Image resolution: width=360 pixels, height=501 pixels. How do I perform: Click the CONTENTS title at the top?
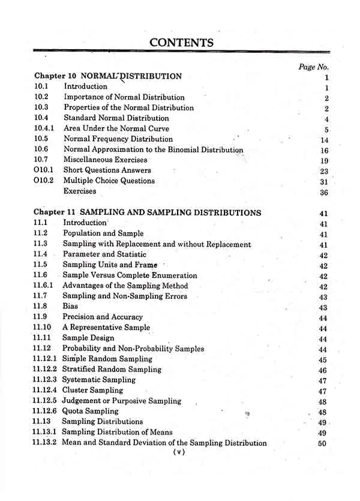pos(181,43)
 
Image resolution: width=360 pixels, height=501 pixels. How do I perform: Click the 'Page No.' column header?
pos(313,67)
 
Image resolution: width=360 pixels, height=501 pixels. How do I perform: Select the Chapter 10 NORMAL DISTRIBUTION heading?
pos(108,76)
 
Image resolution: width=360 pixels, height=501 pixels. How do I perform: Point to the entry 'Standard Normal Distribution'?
pos(116,118)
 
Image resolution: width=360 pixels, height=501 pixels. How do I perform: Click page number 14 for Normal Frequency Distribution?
pos(325,140)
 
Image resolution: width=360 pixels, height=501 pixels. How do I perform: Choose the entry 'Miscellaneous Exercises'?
pos(106,160)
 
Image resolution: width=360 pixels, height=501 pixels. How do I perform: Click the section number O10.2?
pos(44,181)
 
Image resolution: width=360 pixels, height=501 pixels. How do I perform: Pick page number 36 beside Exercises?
pos(325,192)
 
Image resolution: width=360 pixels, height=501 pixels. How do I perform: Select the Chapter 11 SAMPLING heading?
pos(148,212)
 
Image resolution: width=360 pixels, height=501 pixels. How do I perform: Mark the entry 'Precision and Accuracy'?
pos(103,317)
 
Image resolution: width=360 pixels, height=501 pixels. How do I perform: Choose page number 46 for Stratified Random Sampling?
pos(323,371)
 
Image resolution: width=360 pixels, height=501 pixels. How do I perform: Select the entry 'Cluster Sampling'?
pos(95,391)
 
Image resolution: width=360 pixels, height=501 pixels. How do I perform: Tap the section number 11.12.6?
pos(46,412)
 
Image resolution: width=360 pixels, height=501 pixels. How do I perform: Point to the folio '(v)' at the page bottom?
pos(178,453)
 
